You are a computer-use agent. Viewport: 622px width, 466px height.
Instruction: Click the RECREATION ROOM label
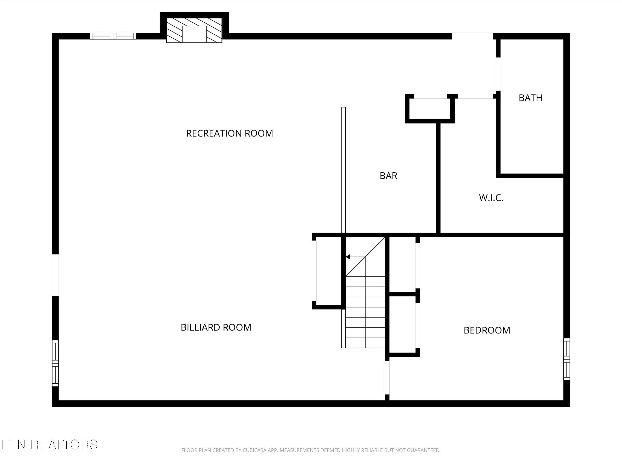(230, 133)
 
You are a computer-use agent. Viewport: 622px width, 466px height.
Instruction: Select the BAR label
(388, 176)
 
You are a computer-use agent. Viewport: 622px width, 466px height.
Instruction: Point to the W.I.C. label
(491, 198)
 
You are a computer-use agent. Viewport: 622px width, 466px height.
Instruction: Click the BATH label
(530, 98)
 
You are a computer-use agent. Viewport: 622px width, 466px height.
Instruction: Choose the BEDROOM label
(487, 330)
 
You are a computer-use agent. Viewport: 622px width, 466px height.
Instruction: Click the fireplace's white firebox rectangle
(194, 34)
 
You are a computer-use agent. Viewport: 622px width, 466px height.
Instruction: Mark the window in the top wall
(113, 36)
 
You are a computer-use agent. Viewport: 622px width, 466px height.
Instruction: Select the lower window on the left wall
(55, 363)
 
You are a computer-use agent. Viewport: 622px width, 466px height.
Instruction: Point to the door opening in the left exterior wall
(55, 275)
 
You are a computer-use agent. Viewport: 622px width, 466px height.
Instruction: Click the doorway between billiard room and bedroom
(387, 378)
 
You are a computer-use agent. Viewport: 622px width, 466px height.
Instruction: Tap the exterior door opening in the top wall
(472, 36)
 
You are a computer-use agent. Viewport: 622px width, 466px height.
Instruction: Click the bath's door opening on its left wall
(498, 74)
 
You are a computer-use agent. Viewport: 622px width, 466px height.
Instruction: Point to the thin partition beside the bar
(343, 170)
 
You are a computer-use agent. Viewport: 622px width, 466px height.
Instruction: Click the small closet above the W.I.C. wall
(429, 109)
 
